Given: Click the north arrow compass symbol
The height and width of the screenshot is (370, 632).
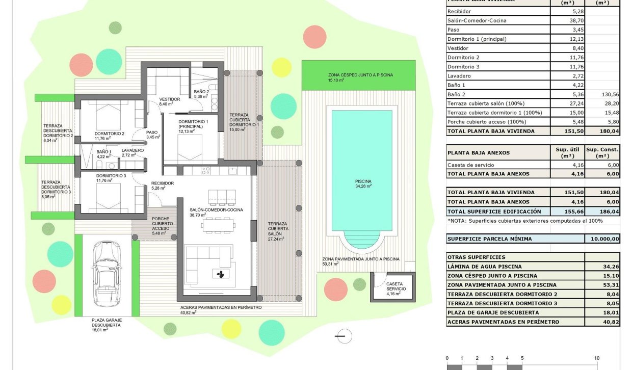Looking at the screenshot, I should pyautogui.click(x=344, y=336).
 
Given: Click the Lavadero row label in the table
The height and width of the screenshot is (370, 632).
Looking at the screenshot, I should pyautogui.click(x=459, y=76).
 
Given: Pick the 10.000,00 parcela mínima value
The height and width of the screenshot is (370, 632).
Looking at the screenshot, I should pyautogui.click(x=602, y=239).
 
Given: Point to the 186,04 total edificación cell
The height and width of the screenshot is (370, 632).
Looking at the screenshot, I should pyautogui.click(x=602, y=211).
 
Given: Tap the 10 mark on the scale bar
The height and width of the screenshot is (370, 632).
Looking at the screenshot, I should pyautogui.click(x=596, y=358).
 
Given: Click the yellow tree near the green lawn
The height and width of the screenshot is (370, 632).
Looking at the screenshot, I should pyautogui.click(x=281, y=67).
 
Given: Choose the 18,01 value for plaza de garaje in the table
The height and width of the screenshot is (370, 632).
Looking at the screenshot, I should pyautogui.click(x=602, y=312).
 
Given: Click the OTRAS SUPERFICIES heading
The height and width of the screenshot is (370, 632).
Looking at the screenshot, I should pyautogui.click(x=476, y=257).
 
